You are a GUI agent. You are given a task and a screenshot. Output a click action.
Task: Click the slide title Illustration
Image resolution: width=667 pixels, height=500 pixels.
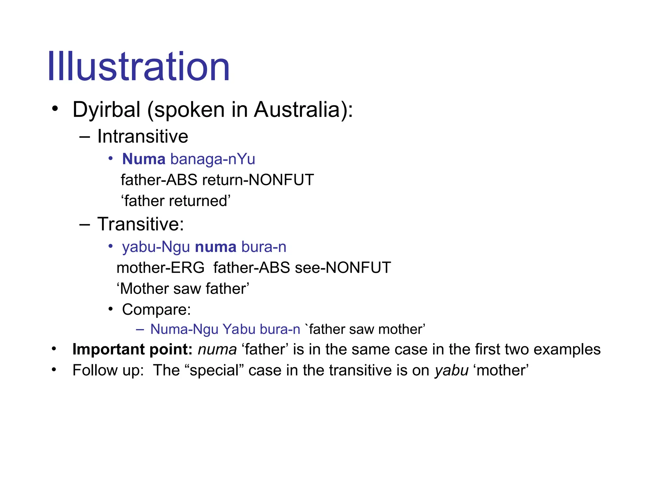point(139,67)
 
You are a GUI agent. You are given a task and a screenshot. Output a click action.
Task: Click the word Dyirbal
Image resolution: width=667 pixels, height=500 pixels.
point(106,110)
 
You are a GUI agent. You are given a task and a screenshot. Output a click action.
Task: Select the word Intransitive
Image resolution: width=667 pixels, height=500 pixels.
point(143,136)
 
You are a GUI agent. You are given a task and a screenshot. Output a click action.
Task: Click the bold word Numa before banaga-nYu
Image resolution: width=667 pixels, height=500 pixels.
point(144,159)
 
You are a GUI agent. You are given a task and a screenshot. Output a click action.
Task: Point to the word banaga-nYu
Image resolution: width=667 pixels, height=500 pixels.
point(213,159)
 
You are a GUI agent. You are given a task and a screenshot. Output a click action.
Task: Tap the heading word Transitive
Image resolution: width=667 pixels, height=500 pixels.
point(140,224)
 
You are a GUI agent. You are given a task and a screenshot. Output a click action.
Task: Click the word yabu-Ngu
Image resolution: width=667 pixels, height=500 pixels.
point(156,247)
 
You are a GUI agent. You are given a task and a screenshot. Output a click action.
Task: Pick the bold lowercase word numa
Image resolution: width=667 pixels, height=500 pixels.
point(215,247)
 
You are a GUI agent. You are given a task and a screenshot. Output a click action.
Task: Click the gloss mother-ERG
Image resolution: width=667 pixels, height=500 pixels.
point(161,268)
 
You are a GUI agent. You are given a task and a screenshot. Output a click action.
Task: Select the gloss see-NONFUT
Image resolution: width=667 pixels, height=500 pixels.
point(343,268)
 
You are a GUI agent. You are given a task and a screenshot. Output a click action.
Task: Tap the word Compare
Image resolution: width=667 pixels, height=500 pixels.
point(156,310)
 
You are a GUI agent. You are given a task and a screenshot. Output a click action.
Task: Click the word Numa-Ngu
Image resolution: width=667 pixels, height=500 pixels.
point(184,329)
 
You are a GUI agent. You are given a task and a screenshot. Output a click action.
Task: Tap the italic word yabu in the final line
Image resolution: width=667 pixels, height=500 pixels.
point(451,370)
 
